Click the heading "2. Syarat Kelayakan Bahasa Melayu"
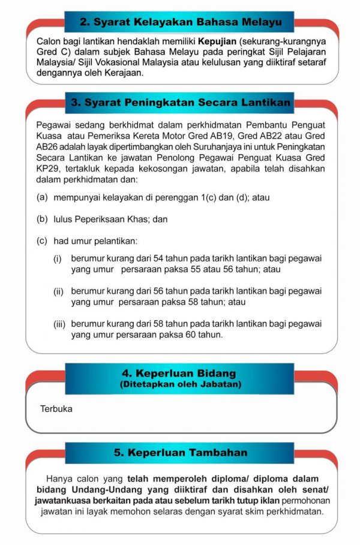pos(180,22)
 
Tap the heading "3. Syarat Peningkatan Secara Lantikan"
pos(180,103)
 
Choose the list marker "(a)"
pos(43,197)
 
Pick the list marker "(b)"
pos(43,219)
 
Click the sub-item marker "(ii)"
pos(59,291)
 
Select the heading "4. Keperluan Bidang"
pos(179,374)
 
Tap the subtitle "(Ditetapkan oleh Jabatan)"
pos(180,384)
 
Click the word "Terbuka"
pos(56,409)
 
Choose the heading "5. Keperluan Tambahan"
pos(180,453)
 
